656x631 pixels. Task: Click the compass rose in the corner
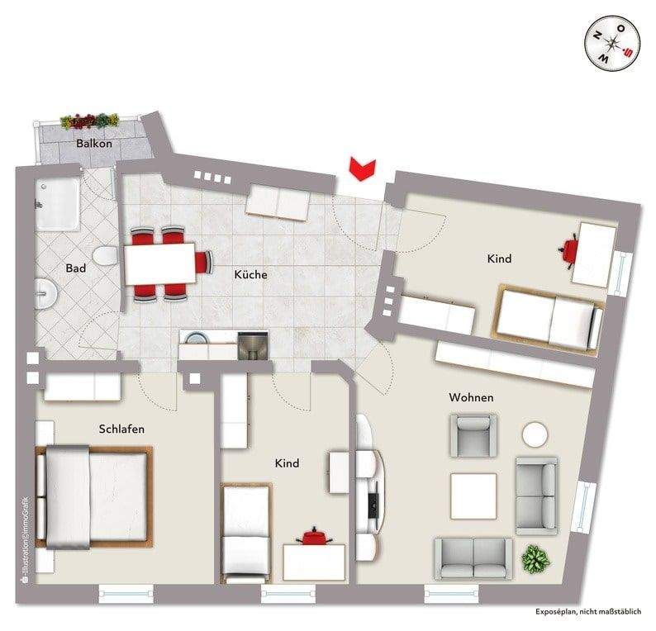point(613,45)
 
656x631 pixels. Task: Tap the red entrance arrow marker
point(361,167)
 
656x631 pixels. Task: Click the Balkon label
point(93,143)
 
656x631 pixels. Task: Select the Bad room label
point(76,268)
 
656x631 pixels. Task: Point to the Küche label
point(250,274)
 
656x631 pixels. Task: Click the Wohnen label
point(471,397)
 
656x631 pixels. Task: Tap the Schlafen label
point(121,429)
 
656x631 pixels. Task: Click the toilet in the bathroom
point(102,256)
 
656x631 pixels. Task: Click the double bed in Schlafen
point(93,496)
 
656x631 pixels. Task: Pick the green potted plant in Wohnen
point(535,561)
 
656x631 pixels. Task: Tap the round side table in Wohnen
point(535,434)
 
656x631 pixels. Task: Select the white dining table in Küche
point(160,263)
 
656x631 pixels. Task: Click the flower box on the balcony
point(92,121)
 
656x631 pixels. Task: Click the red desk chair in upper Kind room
point(571,249)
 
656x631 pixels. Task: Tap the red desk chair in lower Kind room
point(313,538)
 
